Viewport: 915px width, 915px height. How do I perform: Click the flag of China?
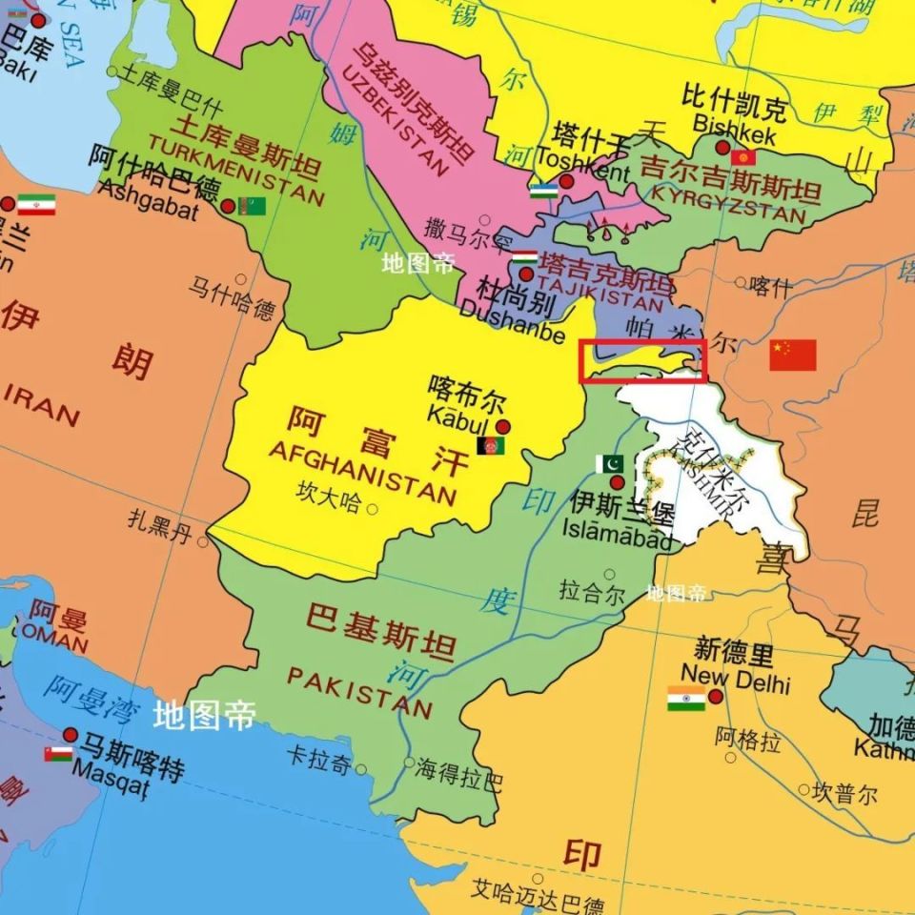click(x=793, y=355)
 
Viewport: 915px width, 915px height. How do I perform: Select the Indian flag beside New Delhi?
click(x=686, y=699)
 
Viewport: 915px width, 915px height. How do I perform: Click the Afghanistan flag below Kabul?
click(x=491, y=445)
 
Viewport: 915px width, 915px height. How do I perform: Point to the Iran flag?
click(x=36, y=205)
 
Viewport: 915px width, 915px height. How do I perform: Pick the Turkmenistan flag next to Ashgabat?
click(x=252, y=206)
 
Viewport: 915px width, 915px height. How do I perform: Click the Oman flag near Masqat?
click(x=58, y=754)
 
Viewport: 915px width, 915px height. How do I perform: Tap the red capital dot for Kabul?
click(x=502, y=427)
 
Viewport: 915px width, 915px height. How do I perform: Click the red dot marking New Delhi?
click(x=716, y=697)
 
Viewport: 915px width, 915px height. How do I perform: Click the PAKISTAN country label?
click(x=359, y=692)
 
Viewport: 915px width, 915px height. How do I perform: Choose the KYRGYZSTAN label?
click(x=730, y=203)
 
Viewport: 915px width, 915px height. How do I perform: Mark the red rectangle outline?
click(x=643, y=360)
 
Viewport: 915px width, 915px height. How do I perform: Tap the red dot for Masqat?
click(x=70, y=735)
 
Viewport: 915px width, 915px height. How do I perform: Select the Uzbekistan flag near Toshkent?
click(x=543, y=191)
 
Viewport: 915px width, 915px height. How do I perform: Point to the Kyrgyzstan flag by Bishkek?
click(x=743, y=156)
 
